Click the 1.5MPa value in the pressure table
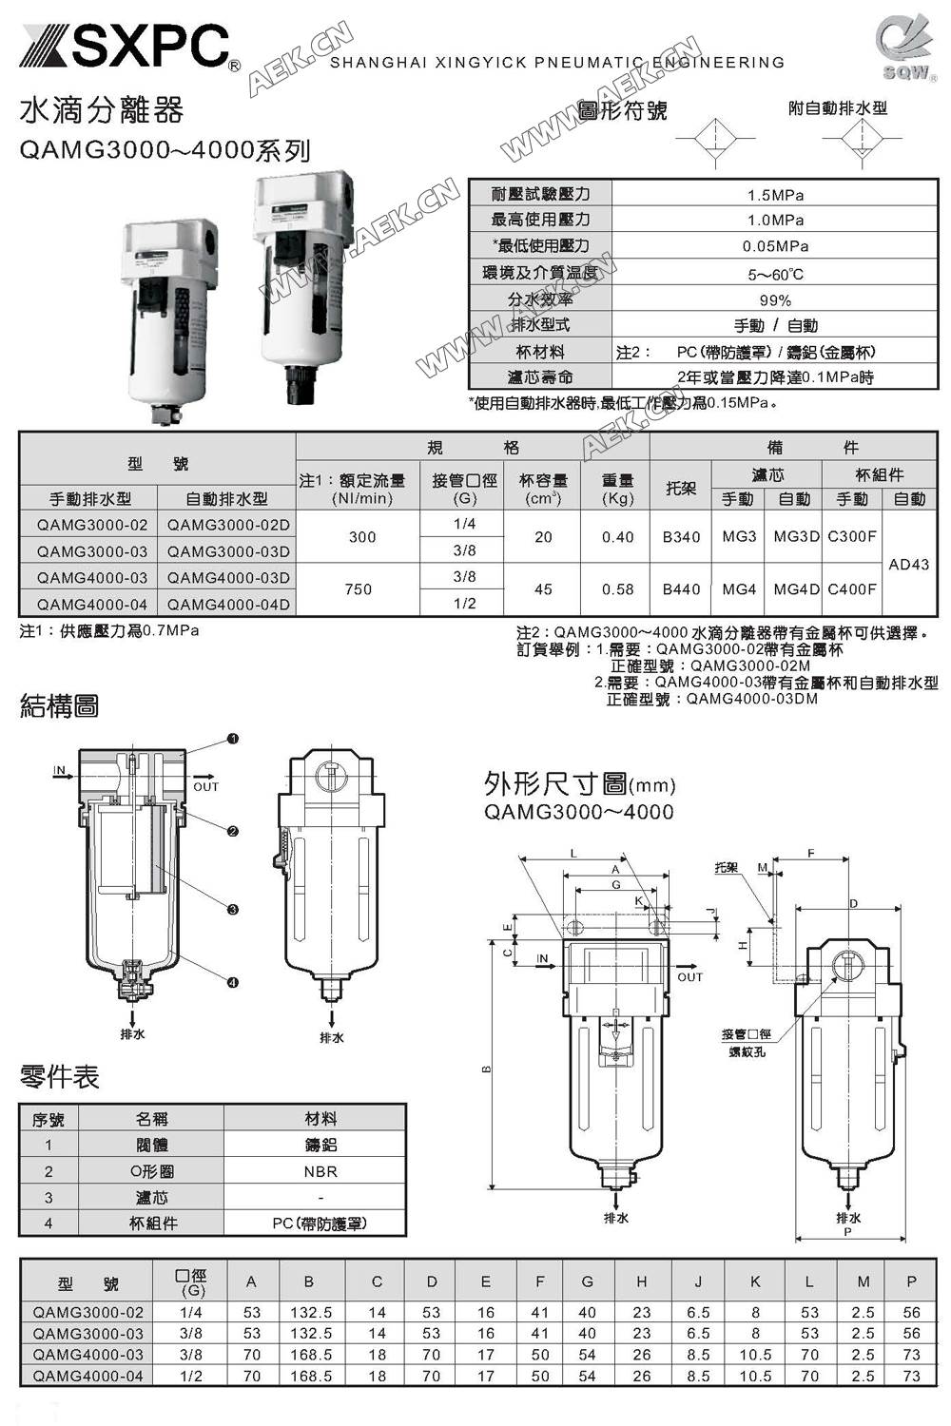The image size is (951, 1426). click(x=775, y=195)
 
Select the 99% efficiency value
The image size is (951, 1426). click(x=775, y=299)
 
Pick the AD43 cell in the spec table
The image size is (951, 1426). click(x=908, y=564)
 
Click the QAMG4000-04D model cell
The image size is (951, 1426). click(x=228, y=604)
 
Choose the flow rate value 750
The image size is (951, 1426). click(x=359, y=589)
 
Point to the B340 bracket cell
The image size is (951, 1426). click(x=681, y=537)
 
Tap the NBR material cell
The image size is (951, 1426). click(x=320, y=1171)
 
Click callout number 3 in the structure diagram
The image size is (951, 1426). click(x=233, y=910)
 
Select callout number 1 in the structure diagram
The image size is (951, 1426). click(x=233, y=739)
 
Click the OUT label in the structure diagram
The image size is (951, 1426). click(x=205, y=786)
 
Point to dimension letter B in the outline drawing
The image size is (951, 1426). click(x=486, y=1069)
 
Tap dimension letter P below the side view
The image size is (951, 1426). click(x=847, y=1231)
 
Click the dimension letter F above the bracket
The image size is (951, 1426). click(x=811, y=854)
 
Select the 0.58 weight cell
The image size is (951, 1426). click(x=617, y=589)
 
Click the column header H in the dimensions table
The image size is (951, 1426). click(x=642, y=1281)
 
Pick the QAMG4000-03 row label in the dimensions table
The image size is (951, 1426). click(x=88, y=1355)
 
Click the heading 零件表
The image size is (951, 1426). click(x=60, y=1077)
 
